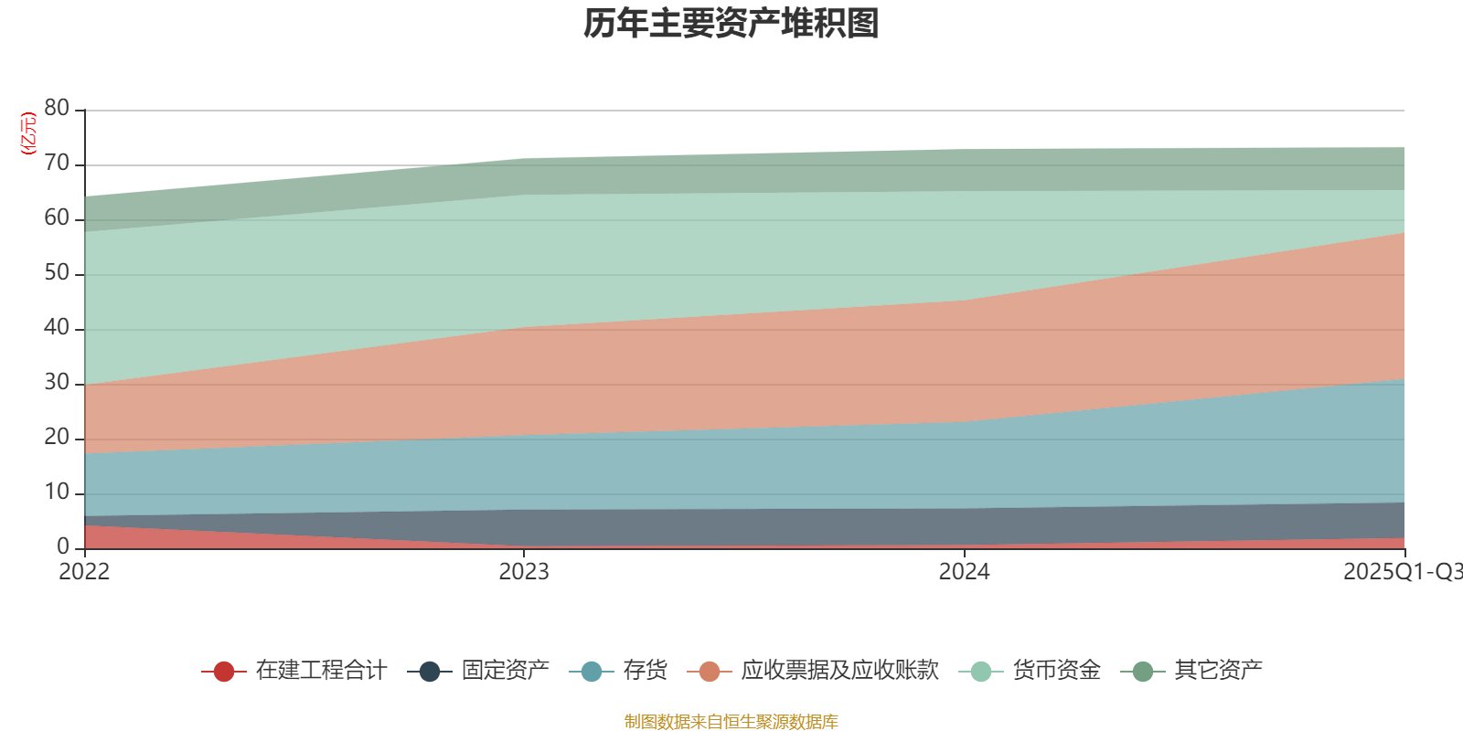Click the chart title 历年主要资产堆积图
(731, 24)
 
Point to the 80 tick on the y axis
(57, 109)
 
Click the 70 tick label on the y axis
(57, 164)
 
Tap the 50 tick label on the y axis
(57, 273)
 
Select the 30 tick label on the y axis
(57, 383)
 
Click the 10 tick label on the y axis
(57, 493)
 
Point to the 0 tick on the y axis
(63, 546)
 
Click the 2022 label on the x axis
(84, 572)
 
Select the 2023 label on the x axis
(524, 572)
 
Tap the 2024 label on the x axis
(964, 572)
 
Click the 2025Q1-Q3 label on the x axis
(1401, 572)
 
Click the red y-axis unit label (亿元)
(28, 133)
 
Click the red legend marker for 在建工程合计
(223, 672)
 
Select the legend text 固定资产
(505, 671)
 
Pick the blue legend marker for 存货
(591, 672)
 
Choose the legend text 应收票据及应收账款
(839, 671)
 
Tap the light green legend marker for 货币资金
(981, 672)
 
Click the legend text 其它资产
(1218, 671)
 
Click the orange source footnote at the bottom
(731, 722)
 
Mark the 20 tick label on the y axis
(57, 438)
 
